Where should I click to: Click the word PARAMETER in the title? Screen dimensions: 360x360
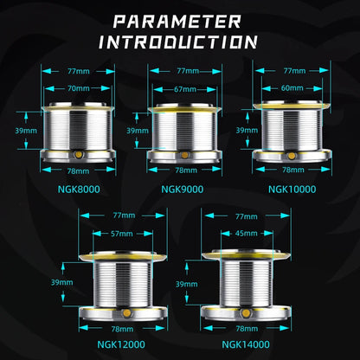(x=177, y=22)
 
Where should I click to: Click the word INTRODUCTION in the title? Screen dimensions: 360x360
(x=177, y=42)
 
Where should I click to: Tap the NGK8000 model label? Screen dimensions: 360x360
(x=79, y=190)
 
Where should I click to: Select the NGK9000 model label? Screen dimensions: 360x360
(x=183, y=190)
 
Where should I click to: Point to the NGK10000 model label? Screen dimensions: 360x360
(x=292, y=190)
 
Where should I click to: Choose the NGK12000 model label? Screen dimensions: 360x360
(x=121, y=344)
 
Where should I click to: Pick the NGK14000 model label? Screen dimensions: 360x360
(x=246, y=344)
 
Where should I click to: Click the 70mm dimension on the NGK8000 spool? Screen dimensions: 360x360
(x=79, y=88)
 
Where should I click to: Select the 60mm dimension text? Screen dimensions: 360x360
(x=292, y=87)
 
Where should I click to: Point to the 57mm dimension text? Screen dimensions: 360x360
(x=122, y=234)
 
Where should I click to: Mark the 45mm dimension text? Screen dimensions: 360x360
(x=247, y=233)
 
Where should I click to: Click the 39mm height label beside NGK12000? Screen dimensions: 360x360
(x=62, y=282)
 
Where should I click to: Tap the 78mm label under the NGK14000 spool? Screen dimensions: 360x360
(x=247, y=328)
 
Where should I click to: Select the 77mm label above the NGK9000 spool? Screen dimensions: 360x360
(x=188, y=71)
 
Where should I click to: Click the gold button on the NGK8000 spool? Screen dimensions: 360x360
(x=78, y=155)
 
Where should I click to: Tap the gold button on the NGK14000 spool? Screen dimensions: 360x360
(x=246, y=313)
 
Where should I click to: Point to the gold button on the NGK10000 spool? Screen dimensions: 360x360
(x=292, y=156)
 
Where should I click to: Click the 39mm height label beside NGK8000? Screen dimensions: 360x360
(x=26, y=131)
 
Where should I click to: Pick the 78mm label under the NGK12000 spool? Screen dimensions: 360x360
(x=122, y=329)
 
